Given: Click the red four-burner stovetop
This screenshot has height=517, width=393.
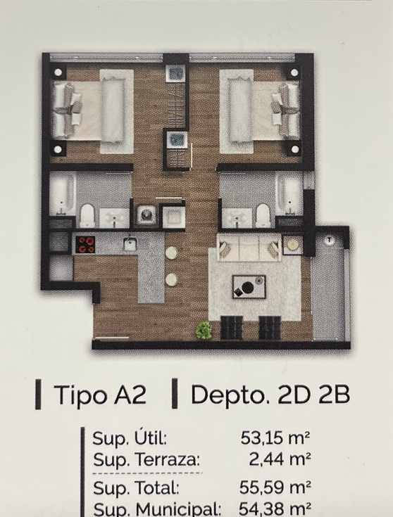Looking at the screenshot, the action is click(x=85, y=245).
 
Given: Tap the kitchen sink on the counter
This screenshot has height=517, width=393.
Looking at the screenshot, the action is click(x=130, y=244).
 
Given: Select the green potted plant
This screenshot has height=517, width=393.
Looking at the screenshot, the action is click(x=204, y=331).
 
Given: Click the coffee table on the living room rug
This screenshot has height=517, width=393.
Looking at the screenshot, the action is click(x=249, y=287).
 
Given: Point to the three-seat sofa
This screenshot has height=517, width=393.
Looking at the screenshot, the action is click(x=249, y=248).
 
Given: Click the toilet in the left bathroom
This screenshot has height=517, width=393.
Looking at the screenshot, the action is click(x=87, y=216).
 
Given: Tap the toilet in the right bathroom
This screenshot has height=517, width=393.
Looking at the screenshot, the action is click(x=263, y=216).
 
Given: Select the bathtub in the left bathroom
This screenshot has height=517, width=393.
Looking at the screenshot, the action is click(x=62, y=193).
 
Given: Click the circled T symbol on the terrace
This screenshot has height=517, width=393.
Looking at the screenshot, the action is click(x=329, y=241).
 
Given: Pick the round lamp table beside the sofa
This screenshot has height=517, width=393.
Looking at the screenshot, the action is click(x=292, y=245).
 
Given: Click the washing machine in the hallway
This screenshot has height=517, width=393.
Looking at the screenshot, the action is click(x=146, y=215).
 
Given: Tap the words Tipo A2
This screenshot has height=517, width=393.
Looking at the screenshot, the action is click(x=100, y=395).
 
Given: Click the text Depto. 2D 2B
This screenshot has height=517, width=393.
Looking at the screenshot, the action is click(x=270, y=395).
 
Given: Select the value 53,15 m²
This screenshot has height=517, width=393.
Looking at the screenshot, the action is click(x=275, y=438).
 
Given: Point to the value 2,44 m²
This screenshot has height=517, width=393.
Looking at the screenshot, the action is click(x=280, y=459).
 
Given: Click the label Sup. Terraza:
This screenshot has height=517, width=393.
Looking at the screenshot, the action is click(x=146, y=459).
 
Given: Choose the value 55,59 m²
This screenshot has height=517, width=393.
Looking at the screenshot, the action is click(x=275, y=487).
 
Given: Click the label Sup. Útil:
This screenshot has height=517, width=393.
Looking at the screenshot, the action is click(x=130, y=438).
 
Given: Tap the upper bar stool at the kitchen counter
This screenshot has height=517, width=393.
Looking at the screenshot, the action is click(x=172, y=253).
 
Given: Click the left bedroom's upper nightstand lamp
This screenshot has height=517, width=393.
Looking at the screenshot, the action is click(x=58, y=72).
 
